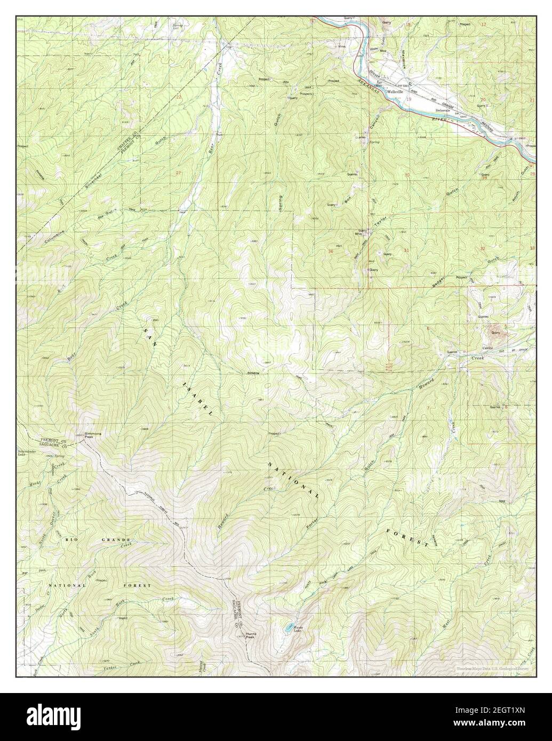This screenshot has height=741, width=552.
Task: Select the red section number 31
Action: click(407, 250)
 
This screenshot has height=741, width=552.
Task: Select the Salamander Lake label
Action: click(27, 454)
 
